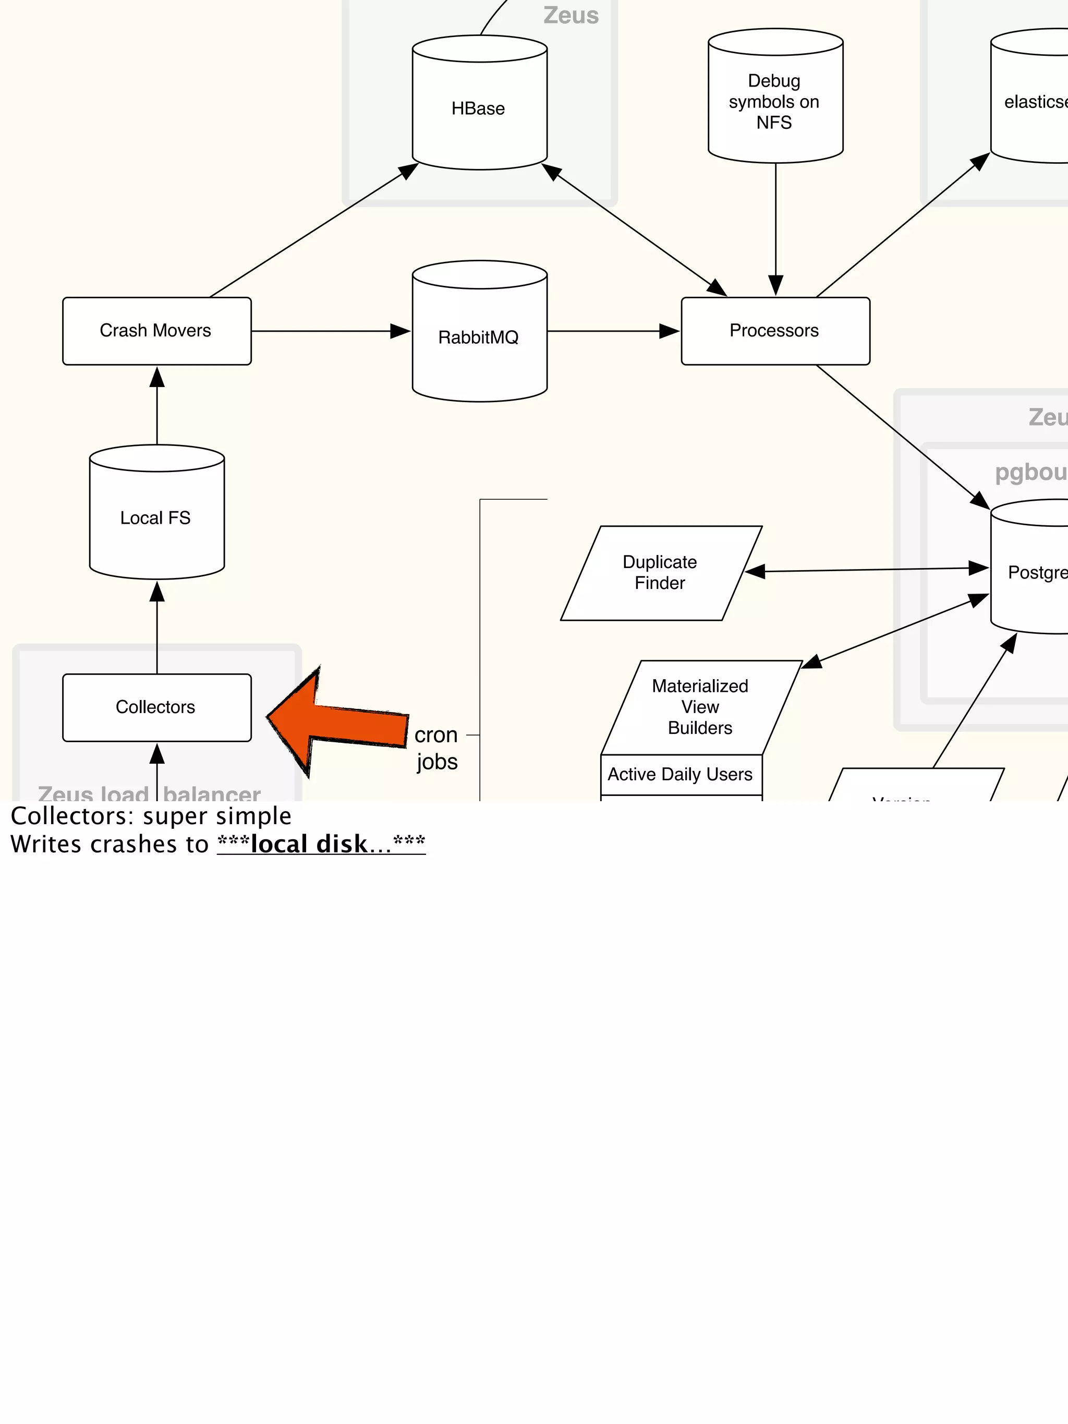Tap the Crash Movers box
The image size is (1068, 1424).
[x=156, y=331]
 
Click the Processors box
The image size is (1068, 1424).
[x=775, y=331]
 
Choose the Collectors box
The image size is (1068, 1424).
[x=156, y=707]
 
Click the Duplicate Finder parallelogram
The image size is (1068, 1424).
[x=661, y=572]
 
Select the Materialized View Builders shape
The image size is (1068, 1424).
[x=700, y=707]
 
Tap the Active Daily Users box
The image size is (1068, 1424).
[x=681, y=775]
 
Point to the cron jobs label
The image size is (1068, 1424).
[x=436, y=748]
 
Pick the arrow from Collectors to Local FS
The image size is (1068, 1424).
[x=157, y=627]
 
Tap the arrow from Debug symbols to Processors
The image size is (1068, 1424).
[x=776, y=225]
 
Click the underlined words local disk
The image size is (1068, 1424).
[x=309, y=844]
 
